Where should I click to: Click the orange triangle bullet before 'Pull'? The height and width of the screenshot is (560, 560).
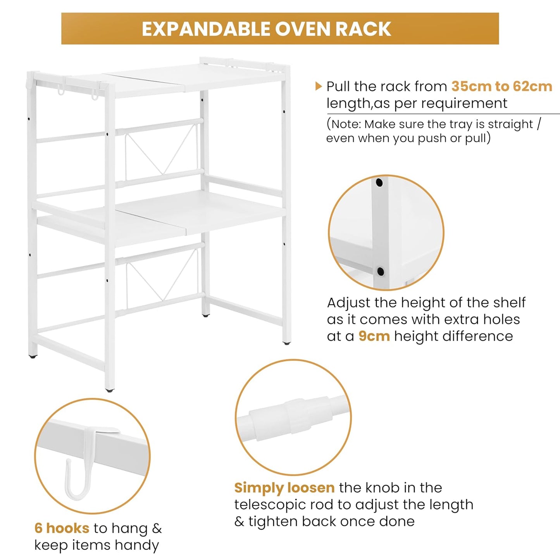click(319, 86)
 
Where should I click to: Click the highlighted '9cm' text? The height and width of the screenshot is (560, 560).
click(374, 336)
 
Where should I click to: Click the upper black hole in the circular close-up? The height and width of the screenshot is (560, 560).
click(379, 183)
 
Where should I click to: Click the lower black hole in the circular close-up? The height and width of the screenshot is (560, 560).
click(381, 271)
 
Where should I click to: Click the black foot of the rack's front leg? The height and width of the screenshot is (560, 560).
click(109, 390)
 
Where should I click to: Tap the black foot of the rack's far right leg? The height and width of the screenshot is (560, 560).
click(286, 343)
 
